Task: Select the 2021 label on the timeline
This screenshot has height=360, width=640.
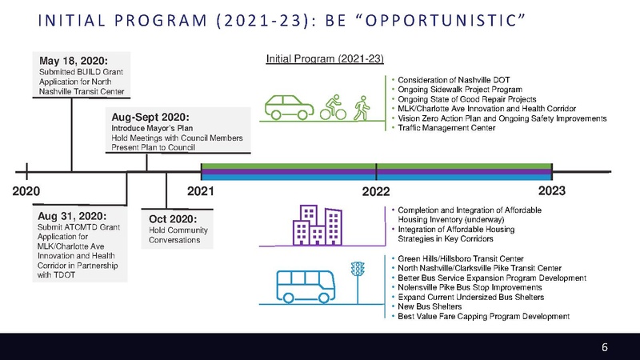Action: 200,192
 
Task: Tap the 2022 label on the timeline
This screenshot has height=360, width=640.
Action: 375,193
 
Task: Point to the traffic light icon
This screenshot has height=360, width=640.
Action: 358,276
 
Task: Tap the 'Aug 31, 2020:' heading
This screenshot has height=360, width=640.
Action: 72,216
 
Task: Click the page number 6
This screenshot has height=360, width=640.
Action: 605,346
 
